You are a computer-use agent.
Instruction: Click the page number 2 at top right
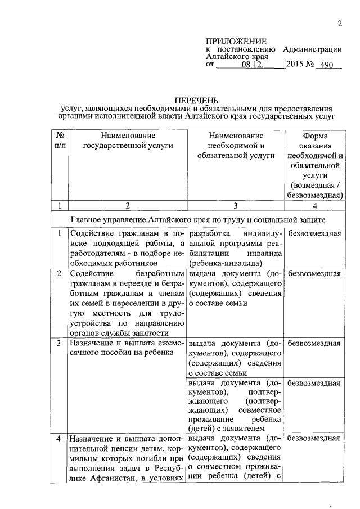point(339,24)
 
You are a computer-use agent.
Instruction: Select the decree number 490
point(324,65)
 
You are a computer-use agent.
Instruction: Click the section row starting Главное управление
point(197,218)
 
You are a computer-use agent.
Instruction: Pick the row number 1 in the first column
point(59,233)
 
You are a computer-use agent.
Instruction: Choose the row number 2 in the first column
point(59,273)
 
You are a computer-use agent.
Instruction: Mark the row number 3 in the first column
point(59,342)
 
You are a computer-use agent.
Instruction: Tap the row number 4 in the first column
point(59,438)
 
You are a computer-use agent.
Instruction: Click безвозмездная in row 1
point(314,233)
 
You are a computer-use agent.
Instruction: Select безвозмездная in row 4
point(314,438)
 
